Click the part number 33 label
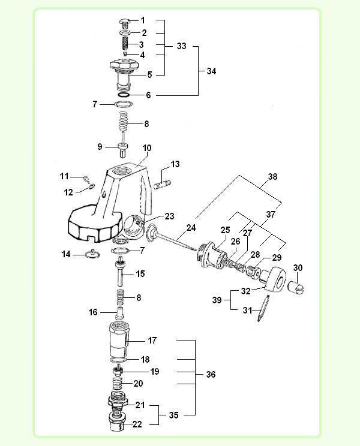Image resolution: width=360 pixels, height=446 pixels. (181, 46)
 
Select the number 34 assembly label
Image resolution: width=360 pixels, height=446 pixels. (211, 71)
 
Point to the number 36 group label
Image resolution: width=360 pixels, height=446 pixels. (210, 375)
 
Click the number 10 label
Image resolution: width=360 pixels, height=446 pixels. (148, 147)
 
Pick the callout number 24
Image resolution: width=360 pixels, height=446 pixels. (191, 227)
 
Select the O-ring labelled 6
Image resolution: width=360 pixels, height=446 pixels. (122, 95)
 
